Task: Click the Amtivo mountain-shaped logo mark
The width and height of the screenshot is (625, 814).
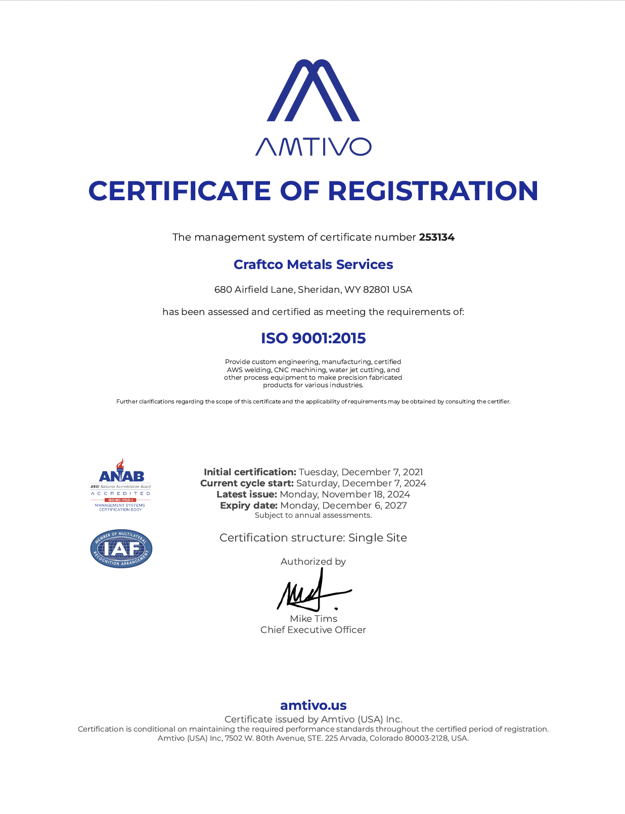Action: [x=313, y=91]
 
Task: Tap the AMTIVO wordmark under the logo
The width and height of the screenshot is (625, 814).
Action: [x=313, y=147]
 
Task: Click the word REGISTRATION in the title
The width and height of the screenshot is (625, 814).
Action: [x=433, y=191]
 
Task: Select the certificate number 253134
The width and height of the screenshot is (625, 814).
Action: [x=437, y=237]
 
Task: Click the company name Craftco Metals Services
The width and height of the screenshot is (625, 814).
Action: [x=313, y=264]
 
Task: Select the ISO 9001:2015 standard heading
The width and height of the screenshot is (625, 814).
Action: [x=313, y=338]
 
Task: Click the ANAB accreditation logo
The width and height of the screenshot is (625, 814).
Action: [x=121, y=485]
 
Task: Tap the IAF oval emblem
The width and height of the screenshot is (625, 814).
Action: [x=121, y=549]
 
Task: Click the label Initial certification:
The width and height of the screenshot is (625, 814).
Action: [x=250, y=472]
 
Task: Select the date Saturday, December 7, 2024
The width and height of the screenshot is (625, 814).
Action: [x=361, y=483]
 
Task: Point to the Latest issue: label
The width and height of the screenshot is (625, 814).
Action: [x=247, y=494]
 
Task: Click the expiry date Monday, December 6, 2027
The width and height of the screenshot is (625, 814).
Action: [x=343, y=506]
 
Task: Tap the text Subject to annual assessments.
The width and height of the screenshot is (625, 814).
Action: [x=313, y=515]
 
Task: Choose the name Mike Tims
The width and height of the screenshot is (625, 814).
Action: [x=314, y=619]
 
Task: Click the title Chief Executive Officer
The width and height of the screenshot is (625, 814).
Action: [x=313, y=630]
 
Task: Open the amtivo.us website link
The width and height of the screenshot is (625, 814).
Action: [x=313, y=705]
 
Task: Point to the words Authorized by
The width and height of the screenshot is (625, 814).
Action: [x=313, y=562]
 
